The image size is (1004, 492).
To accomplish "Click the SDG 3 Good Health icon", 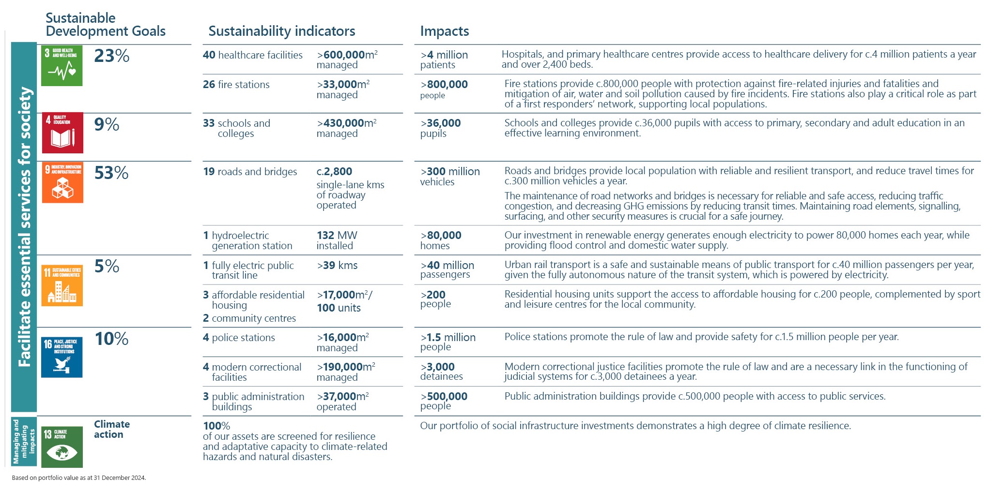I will [x=62, y=66].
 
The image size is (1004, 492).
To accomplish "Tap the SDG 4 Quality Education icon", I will [x=62, y=133].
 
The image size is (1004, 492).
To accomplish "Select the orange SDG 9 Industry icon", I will [x=62, y=182].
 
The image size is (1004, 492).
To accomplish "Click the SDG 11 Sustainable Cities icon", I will [x=62, y=285].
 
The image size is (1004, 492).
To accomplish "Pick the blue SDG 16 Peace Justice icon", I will [x=62, y=357].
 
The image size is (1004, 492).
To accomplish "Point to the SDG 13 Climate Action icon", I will [x=62, y=447].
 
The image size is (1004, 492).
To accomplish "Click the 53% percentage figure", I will [x=111, y=173].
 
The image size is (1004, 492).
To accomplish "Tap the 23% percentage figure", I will [x=111, y=56].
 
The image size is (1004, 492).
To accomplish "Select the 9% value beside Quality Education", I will [x=107, y=124].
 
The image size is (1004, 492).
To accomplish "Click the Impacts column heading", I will [x=444, y=31].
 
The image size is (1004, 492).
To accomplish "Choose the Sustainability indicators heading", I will [x=281, y=31].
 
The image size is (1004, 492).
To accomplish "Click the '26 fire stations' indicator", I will [x=236, y=85].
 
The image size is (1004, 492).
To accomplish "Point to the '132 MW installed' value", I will [x=337, y=240].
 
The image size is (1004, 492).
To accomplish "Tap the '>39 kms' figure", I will [x=337, y=265].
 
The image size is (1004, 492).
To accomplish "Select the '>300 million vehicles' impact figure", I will [x=449, y=176].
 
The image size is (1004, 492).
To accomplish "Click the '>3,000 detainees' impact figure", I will [x=441, y=371].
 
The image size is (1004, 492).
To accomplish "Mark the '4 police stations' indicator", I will [x=239, y=338].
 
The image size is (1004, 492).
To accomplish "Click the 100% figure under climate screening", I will [x=216, y=426].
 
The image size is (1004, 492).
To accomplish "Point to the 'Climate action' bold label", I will [x=111, y=429].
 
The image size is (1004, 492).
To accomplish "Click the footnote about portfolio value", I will [x=78, y=477].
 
